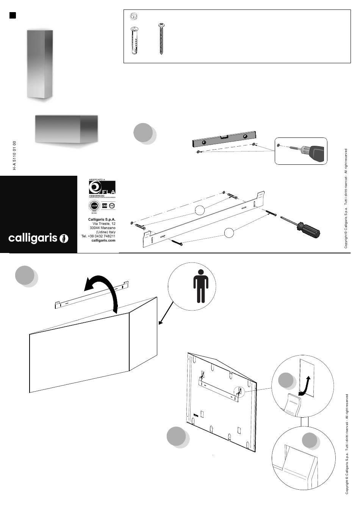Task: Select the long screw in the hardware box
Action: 161,39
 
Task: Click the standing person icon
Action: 200,289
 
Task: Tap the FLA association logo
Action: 102,188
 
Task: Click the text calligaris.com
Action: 103,241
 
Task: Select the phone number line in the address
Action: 98,236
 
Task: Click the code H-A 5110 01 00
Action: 14,155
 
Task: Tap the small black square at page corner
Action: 13,15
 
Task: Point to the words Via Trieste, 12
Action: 103,224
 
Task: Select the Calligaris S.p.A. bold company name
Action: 102,219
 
